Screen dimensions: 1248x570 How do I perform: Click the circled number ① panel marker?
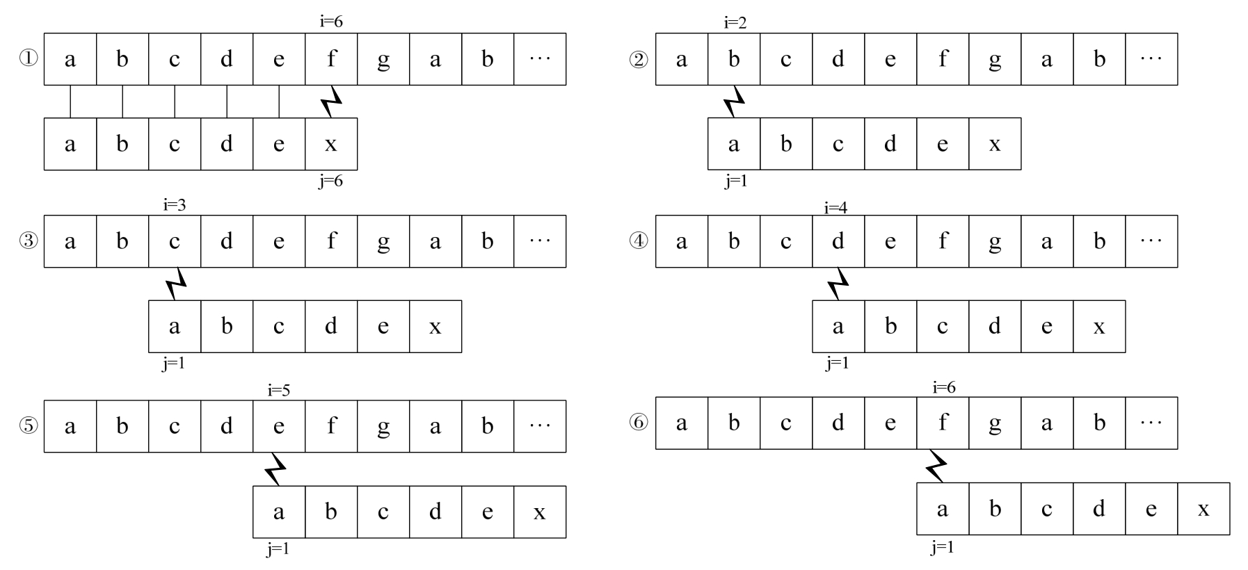[29, 59]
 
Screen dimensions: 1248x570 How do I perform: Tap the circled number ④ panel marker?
[639, 241]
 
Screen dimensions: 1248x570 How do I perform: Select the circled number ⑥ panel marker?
[639, 423]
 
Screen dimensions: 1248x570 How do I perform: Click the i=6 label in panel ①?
[331, 22]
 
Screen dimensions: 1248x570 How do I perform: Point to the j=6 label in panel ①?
[331, 181]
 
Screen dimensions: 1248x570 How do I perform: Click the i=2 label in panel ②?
[735, 23]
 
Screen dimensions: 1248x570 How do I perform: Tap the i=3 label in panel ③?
[175, 205]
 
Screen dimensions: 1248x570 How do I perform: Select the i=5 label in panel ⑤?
[278, 390]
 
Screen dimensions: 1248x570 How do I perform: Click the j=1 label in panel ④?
[838, 363]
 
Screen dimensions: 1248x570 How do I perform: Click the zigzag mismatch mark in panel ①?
[332, 101]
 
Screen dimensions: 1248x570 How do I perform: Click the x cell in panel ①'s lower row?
[331, 144]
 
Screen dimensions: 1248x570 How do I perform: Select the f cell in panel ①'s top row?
[331, 59]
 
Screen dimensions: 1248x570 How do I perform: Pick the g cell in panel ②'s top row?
[995, 59]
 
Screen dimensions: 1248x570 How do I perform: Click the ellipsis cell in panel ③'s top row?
[540, 241]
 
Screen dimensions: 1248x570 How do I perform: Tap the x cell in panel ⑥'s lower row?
[1203, 509]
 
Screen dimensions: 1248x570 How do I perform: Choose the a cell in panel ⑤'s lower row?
[279, 512]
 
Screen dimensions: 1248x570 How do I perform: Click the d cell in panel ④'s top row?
[838, 241]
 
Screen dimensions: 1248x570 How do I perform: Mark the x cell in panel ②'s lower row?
[995, 144]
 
